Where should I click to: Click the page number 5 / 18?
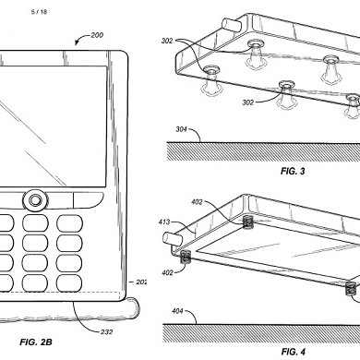pyautogui.click(x=39, y=12)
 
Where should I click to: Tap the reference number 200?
pyautogui.click(x=97, y=35)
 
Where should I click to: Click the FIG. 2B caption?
pyautogui.click(x=36, y=342)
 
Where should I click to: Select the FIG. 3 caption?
pyautogui.click(x=293, y=171)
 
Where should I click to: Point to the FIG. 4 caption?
pyautogui.click(x=294, y=351)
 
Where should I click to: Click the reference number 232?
pyautogui.click(x=106, y=332)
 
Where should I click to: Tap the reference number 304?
pyautogui.click(x=181, y=129)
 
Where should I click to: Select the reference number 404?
pyautogui.click(x=177, y=311)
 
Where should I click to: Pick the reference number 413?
pyautogui.click(x=164, y=222)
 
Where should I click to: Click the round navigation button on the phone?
pyautogui.click(x=35, y=200)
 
